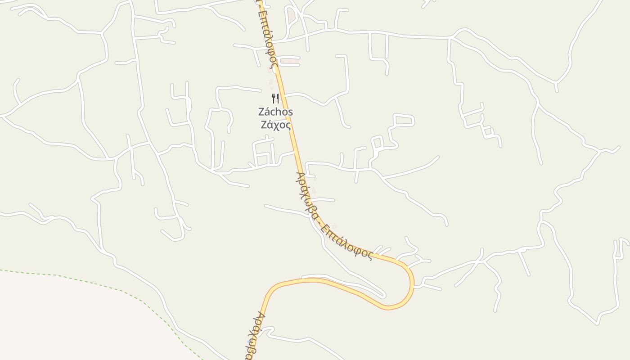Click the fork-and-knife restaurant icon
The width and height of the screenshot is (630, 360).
275,98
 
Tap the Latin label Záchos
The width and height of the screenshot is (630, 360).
275,112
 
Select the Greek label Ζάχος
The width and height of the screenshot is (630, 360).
275,125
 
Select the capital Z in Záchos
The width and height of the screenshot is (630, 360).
261,112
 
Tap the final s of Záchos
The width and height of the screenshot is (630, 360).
290,112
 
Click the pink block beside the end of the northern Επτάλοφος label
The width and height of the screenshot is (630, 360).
291,60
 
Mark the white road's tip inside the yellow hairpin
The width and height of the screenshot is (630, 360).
383,296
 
